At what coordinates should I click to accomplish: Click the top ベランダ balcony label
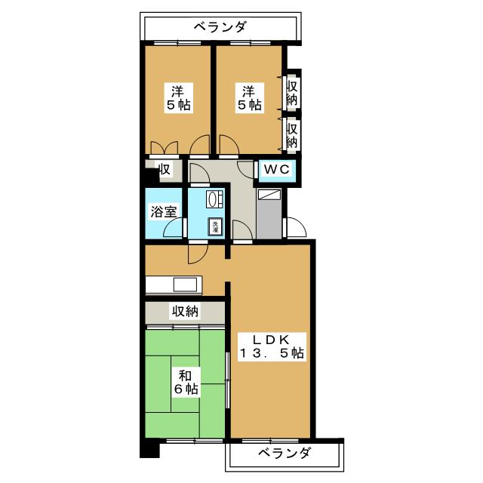(220, 27)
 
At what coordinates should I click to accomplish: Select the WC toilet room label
(276, 170)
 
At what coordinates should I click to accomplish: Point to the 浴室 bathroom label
(165, 212)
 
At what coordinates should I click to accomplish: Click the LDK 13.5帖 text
(272, 345)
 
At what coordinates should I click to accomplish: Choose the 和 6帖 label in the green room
(186, 382)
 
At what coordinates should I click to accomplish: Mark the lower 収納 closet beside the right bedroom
(292, 134)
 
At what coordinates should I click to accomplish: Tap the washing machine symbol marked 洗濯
(216, 226)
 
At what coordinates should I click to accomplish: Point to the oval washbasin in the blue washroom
(214, 198)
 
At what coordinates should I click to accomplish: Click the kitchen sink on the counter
(185, 285)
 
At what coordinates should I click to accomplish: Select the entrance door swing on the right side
(295, 226)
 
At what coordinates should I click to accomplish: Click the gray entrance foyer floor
(269, 217)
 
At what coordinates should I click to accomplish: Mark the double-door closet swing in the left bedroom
(163, 145)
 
